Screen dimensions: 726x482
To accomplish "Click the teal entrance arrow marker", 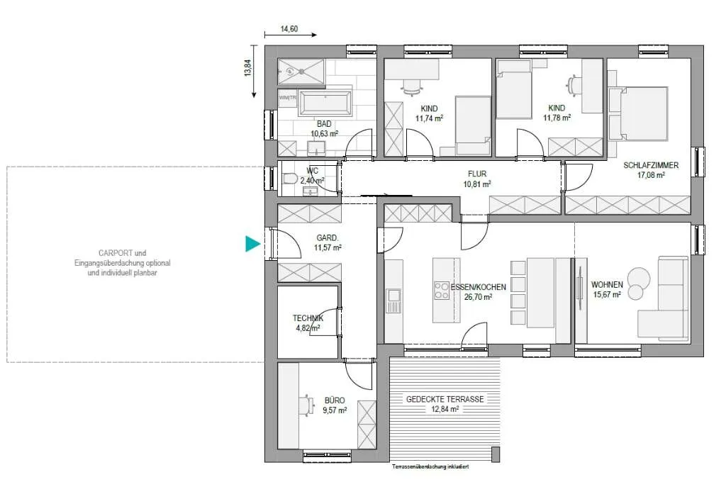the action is click(252, 244).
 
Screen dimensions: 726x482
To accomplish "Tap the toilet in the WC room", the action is click(289, 179).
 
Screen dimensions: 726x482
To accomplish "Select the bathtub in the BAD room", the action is click(326, 103).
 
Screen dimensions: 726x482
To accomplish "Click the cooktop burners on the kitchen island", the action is click(441, 291).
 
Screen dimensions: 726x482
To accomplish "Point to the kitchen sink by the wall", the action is click(394, 300).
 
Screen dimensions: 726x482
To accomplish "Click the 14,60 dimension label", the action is click(289, 28).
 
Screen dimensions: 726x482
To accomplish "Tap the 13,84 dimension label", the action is click(248, 68).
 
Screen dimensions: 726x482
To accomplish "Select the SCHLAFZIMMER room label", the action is click(651, 165).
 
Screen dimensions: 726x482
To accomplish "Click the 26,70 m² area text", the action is click(478, 297).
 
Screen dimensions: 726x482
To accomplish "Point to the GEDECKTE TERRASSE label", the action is click(445, 399).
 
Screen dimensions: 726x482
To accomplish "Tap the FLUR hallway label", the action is click(477, 174).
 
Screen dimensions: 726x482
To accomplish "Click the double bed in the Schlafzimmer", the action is click(639, 113).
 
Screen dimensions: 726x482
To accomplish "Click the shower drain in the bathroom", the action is click(302, 72).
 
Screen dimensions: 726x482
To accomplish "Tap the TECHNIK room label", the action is click(308, 318).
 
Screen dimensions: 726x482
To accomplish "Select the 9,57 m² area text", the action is click(335, 410).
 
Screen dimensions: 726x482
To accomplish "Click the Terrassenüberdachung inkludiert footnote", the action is click(430, 466).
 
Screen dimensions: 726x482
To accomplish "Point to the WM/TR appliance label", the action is click(288, 98).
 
